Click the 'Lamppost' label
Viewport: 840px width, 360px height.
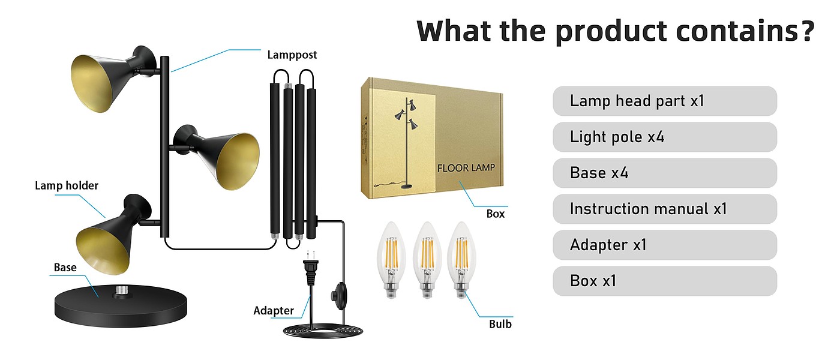292,55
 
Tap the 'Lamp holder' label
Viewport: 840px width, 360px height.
66,186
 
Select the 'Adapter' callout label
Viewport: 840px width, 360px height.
274,311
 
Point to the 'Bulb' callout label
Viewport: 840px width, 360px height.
500,324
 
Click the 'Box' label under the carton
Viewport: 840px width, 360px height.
496,214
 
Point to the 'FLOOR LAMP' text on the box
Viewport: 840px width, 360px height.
466,167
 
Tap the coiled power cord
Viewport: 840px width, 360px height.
318,331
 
